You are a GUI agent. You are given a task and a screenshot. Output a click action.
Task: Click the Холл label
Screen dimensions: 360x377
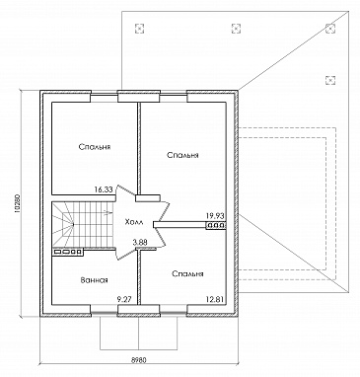click(134, 222)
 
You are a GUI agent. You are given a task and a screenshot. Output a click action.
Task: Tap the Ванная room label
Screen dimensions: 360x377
click(95, 280)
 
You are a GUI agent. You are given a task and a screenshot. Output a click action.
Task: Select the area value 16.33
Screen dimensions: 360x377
click(104, 189)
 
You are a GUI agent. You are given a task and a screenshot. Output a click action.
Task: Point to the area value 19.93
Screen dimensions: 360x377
click(215, 216)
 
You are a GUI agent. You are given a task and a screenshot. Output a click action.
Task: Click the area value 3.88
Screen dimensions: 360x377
click(140, 243)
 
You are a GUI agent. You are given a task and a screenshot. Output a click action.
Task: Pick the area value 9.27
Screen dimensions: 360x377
click(125, 299)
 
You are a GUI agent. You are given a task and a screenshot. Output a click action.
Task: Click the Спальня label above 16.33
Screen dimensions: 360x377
click(95, 147)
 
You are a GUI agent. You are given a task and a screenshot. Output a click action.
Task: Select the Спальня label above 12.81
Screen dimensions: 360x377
click(187, 273)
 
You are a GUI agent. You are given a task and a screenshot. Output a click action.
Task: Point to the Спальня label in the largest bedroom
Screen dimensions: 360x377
click(182, 155)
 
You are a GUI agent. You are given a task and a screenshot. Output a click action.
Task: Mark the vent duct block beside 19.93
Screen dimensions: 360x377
click(216, 226)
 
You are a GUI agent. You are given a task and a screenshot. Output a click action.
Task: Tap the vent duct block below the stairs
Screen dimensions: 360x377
click(68, 252)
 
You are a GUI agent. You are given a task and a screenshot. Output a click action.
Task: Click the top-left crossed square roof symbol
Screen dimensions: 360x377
click(140, 29)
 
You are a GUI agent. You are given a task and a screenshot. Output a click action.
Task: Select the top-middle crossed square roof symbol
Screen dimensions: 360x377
click(236, 29)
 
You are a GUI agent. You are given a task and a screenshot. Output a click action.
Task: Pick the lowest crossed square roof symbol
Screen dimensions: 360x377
click(330, 80)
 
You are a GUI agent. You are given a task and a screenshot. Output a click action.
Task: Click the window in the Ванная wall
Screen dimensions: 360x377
click(104, 313)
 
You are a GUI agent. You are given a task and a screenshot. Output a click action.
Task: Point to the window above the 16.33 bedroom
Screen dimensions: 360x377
click(104, 95)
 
